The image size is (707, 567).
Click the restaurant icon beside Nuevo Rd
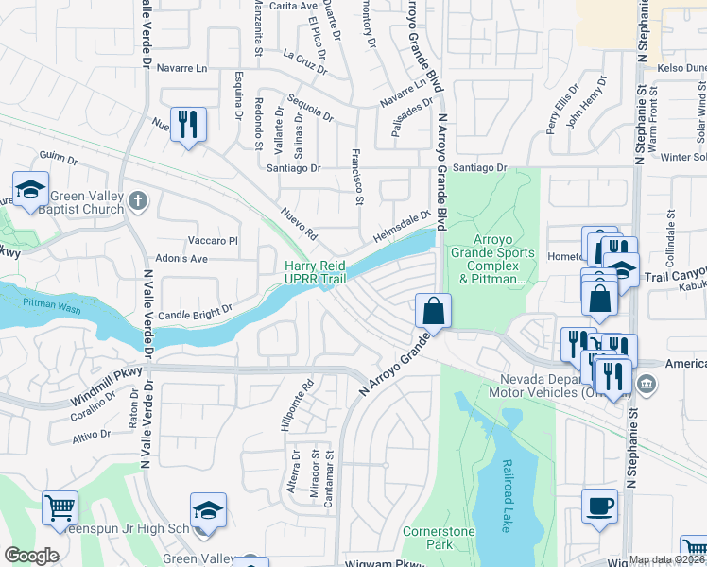click(189, 125)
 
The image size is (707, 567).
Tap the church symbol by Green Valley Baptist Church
click(138, 200)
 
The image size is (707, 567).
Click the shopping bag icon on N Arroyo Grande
click(432, 309)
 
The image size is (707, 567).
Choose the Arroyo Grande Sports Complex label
click(491, 253)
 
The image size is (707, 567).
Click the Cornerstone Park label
click(439, 538)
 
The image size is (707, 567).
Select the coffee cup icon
click(599, 506)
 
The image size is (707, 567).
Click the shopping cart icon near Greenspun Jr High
click(60, 508)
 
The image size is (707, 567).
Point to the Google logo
click(31, 556)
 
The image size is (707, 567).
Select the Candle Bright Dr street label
click(195, 311)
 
